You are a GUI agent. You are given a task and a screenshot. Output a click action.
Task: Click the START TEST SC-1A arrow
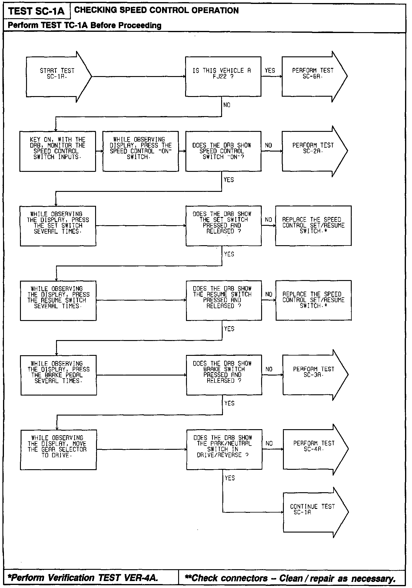pyautogui.click(x=58, y=77)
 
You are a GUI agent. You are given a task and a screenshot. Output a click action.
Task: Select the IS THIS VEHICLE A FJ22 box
pyautogui.click(x=223, y=76)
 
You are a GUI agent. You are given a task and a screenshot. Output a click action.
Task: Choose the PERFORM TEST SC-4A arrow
pyautogui.click(x=314, y=449)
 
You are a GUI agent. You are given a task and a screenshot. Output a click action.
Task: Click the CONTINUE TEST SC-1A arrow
pyautogui.click(x=314, y=513)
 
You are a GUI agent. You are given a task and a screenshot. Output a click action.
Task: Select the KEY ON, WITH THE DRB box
pyautogui.click(x=58, y=151)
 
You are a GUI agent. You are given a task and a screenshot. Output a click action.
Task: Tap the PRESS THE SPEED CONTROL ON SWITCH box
pyautogui.click(x=141, y=151)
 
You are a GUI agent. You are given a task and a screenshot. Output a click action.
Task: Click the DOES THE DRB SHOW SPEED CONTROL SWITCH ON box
pyautogui.click(x=223, y=151)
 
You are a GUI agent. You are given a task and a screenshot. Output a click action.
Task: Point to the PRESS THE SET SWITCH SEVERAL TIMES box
pyautogui.click(x=58, y=226)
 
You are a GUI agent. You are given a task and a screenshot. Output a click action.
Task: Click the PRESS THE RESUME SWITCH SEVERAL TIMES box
pyautogui.click(x=58, y=300)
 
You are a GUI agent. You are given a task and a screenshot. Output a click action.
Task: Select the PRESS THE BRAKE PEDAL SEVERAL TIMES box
pyautogui.click(x=58, y=375)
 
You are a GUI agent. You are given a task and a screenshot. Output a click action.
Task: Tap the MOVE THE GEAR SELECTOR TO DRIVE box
pyautogui.click(x=58, y=449)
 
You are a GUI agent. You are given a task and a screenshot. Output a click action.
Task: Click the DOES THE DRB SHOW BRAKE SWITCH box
pyautogui.click(x=224, y=375)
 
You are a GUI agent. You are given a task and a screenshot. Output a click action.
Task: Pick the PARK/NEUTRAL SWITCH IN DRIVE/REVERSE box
pyautogui.click(x=224, y=449)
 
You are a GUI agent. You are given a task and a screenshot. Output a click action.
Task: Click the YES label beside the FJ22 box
pyautogui.click(x=270, y=71)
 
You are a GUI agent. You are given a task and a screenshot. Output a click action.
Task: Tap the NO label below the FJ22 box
pyautogui.click(x=227, y=105)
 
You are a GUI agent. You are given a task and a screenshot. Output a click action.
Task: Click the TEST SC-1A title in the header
pyautogui.click(x=36, y=11)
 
